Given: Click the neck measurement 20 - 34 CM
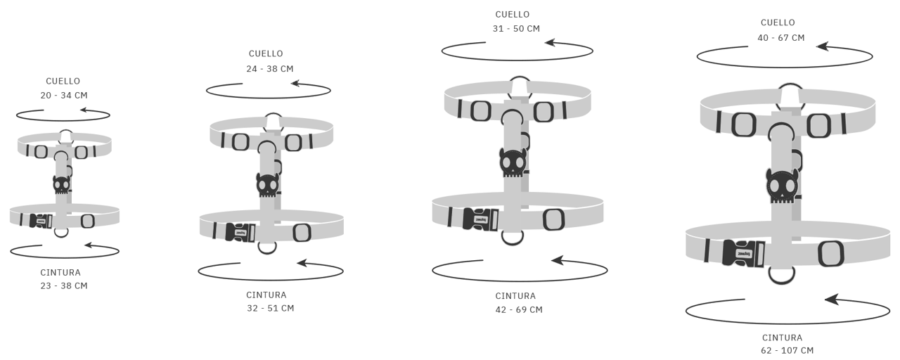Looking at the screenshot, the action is pyautogui.click(x=64, y=95).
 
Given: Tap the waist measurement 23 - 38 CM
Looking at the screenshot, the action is pyautogui.click(x=64, y=285).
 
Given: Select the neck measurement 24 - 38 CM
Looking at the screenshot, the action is pyautogui.click(x=270, y=69).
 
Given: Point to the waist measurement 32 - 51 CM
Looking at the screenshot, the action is pyautogui.click(x=271, y=308).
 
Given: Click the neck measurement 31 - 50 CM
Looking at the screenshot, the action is pyautogui.click(x=516, y=29).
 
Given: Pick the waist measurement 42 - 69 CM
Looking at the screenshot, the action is pyautogui.click(x=519, y=310).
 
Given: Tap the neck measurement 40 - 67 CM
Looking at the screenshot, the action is pyautogui.click(x=781, y=38).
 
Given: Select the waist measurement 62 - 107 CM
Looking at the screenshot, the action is pyautogui.click(x=787, y=350).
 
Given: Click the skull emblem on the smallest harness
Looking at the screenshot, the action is pyautogui.click(x=61, y=185).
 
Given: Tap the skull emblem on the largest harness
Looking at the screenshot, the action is pyautogui.click(x=782, y=186).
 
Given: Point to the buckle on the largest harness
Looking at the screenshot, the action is pyautogui.click(x=743, y=253).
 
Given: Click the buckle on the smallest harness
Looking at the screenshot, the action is pyautogui.click(x=41, y=221).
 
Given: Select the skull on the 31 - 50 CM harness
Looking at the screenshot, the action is pyautogui.click(x=513, y=162).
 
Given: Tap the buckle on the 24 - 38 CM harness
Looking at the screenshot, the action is pyautogui.click(x=240, y=232).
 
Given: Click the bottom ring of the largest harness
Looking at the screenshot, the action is pyautogui.click(x=781, y=275).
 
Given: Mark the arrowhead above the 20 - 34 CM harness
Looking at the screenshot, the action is pyautogui.click(x=85, y=110).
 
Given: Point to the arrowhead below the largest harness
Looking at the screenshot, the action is pyautogui.click(x=831, y=300).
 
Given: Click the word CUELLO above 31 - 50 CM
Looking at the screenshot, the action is pyautogui.click(x=513, y=15).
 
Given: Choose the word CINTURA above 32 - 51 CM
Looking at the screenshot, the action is pyautogui.click(x=266, y=295).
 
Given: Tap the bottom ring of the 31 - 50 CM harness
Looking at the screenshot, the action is pyautogui.click(x=513, y=237).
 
